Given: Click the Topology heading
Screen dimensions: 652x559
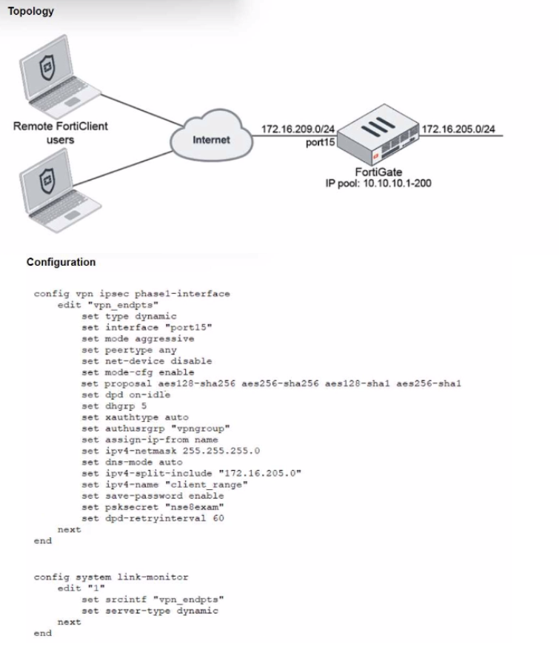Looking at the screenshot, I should [30, 11].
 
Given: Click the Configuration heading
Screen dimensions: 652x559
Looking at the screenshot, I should [61, 262].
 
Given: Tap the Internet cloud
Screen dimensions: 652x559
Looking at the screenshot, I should [212, 138].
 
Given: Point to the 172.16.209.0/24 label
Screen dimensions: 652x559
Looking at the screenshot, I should [293, 130].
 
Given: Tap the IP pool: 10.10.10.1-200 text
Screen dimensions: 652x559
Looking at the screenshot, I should [378, 183].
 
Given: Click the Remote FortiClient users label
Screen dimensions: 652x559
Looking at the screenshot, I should [60, 132].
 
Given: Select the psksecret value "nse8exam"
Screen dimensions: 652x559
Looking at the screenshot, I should [194, 506].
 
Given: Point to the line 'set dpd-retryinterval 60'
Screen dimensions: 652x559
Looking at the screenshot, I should [153, 517].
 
